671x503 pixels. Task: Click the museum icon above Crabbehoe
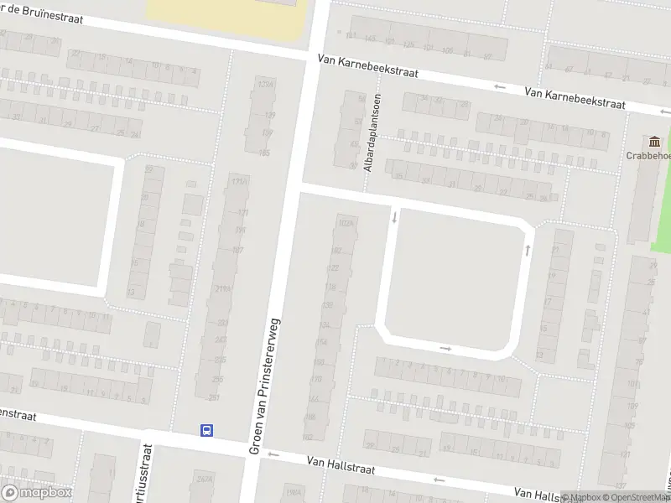click(x=654, y=141)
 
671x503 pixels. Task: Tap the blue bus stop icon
click(x=206, y=430)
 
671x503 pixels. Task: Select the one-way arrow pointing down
click(x=394, y=218)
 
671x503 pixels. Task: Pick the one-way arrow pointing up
click(x=528, y=249)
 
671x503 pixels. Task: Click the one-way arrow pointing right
click(x=445, y=348)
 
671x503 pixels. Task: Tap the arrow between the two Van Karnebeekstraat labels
click(x=500, y=86)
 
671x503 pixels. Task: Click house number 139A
click(x=266, y=85)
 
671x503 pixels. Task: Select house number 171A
click(x=239, y=181)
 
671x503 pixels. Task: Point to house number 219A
click(x=223, y=289)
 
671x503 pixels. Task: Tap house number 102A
click(x=343, y=224)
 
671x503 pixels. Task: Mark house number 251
click(x=215, y=397)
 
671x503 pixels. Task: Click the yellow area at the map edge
click(x=226, y=18)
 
